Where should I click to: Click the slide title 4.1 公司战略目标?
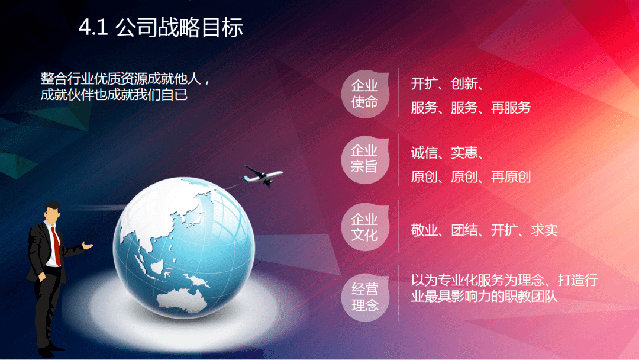pos(160,28)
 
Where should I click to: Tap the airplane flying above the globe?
pos(263,176)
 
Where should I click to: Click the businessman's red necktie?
pos(56,246)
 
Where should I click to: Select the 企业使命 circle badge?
pos(365,94)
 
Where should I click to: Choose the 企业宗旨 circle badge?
pos(365,159)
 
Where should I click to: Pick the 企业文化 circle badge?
pos(365,227)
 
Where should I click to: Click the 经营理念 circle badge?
pos(365,297)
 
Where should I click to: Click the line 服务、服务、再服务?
pos(471,108)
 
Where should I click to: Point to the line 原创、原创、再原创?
pos(471,177)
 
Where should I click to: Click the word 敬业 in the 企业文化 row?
pos(424,230)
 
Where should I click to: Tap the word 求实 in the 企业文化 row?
pos(544,230)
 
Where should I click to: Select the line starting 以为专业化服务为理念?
pos(504,280)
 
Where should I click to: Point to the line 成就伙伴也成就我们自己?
pos(114,95)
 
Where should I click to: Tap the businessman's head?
pos(52,213)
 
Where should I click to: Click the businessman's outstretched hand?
pos(88,246)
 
